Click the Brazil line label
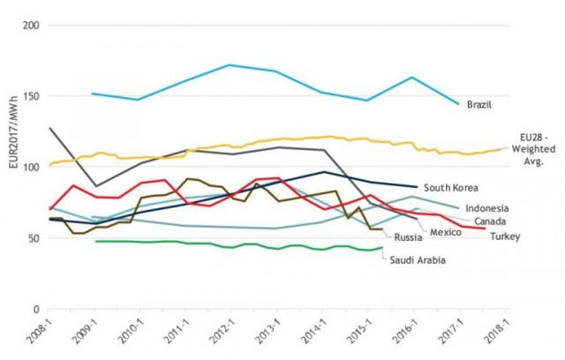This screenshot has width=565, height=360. click(x=478, y=104)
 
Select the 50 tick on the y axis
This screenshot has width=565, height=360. click(x=34, y=238)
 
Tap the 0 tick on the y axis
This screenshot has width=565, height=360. click(x=37, y=310)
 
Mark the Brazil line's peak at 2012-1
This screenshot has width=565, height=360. click(x=230, y=64)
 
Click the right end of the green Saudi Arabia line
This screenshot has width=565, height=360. click(x=382, y=248)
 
